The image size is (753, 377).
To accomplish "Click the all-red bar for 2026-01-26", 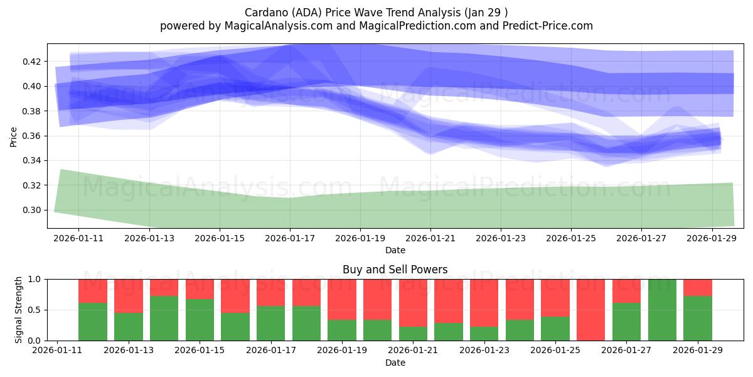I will click(591, 310).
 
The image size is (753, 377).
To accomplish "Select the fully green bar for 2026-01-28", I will click(662, 310).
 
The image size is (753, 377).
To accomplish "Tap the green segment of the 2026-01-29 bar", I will click(698, 319).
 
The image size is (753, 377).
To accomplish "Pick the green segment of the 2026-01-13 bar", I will click(128, 327).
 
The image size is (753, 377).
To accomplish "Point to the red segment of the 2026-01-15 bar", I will click(200, 289).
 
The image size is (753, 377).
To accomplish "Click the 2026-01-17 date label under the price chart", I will click(290, 239).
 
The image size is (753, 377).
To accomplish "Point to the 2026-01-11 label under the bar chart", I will click(58, 351).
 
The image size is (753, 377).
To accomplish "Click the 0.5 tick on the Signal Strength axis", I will click(36, 310).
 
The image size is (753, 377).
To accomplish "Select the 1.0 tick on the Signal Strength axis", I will click(36, 279).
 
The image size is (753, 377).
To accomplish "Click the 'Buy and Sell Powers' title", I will click(395, 270).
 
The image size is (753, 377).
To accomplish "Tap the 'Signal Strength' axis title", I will click(19, 310).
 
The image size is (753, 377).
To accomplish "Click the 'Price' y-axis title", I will click(14, 136).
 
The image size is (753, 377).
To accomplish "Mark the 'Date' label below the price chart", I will click(395, 250).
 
